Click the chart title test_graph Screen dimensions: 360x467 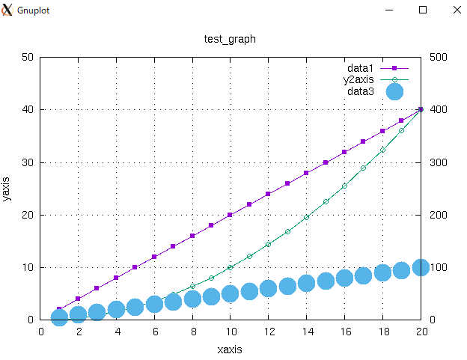[x=230, y=39]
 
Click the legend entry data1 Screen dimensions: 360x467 [x=360, y=67]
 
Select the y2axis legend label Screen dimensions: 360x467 [x=358, y=79]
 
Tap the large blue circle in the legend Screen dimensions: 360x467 [x=394, y=91]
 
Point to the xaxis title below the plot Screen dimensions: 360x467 [x=230, y=349]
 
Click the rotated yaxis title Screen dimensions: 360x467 [x=7, y=189]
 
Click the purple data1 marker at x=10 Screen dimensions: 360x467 [x=231, y=215]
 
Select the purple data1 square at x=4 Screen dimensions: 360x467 [x=116, y=278]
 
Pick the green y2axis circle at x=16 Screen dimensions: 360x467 [x=345, y=186]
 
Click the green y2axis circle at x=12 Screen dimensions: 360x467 [x=269, y=244]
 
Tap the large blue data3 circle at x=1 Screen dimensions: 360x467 [x=59, y=317]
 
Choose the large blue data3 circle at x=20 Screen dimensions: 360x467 [x=421, y=267]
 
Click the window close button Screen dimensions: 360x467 [x=457, y=10]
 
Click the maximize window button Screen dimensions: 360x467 [x=423, y=10]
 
